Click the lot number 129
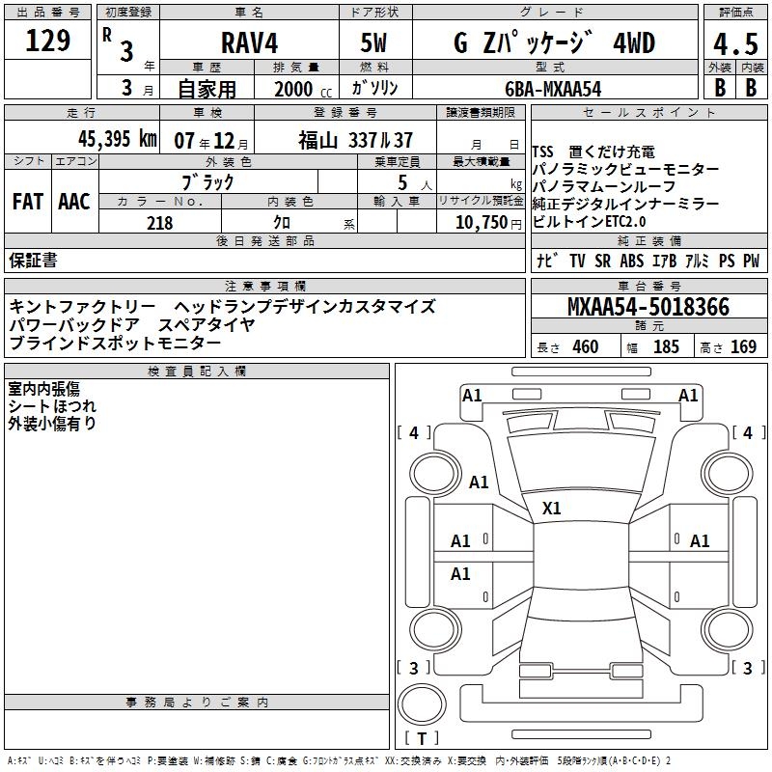coord(48,41)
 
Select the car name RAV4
coord(248,43)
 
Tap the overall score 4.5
coord(734,44)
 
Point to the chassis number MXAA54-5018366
coord(648,308)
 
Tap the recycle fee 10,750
coord(481,223)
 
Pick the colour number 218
coord(159,223)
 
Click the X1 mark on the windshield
coord(552,508)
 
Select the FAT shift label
coord(27,202)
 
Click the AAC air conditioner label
coord(74,202)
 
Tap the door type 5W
coord(376,43)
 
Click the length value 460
coord(585,347)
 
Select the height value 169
coord(743,347)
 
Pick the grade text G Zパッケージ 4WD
coord(553,43)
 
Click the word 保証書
coord(33,261)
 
